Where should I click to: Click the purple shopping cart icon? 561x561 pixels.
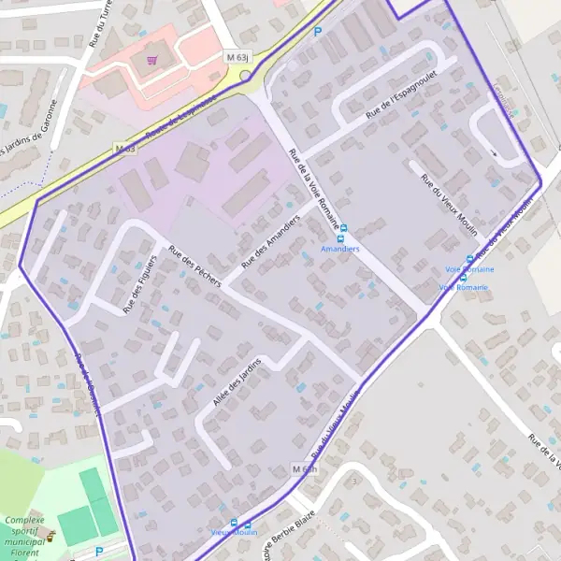(x=151, y=59)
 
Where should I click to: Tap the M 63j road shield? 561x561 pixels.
(x=237, y=57)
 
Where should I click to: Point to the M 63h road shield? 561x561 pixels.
(x=305, y=468)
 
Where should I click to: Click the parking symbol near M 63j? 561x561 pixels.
(x=317, y=31)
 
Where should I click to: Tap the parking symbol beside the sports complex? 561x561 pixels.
(x=99, y=552)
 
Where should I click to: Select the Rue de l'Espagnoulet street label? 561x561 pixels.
(x=402, y=103)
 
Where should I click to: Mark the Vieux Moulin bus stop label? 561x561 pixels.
(x=234, y=532)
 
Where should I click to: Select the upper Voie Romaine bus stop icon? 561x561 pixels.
(x=469, y=259)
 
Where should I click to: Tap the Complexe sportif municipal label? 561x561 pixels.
(x=25, y=534)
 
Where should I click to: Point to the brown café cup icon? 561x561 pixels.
(x=51, y=537)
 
